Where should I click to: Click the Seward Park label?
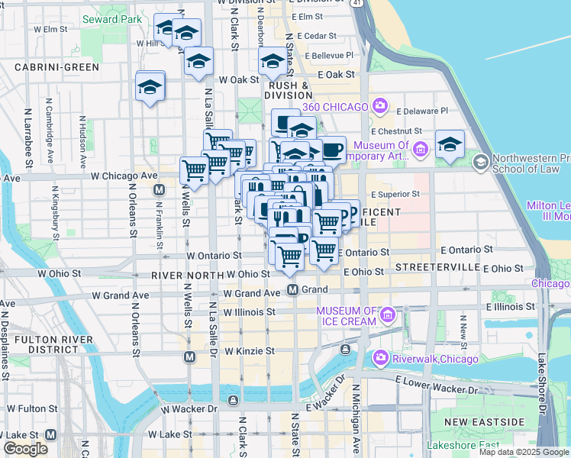pyautogui.click(x=111, y=18)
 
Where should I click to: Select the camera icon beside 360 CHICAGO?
pyautogui.click(x=379, y=105)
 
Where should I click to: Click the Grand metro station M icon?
pyautogui.click(x=292, y=289)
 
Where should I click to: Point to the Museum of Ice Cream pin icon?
pyautogui.click(x=388, y=314)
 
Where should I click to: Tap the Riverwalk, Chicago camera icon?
pyautogui.click(x=379, y=358)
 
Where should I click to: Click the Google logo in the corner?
pyautogui.click(x=25, y=449)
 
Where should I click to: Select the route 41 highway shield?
pyautogui.click(x=358, y=4)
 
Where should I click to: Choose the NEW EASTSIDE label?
pyautogui.click(x=485, y=422)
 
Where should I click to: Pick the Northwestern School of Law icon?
pyautogui.click(x=481, y=162)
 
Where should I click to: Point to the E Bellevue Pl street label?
pyautogui.click(x=329, y=55)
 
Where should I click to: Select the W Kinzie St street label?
pyautogui.click(x=249, y=351)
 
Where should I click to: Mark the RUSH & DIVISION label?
pyautogui.click(x=287, y=91)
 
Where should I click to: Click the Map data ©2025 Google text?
pyautogui.click(x=524, y=452)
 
